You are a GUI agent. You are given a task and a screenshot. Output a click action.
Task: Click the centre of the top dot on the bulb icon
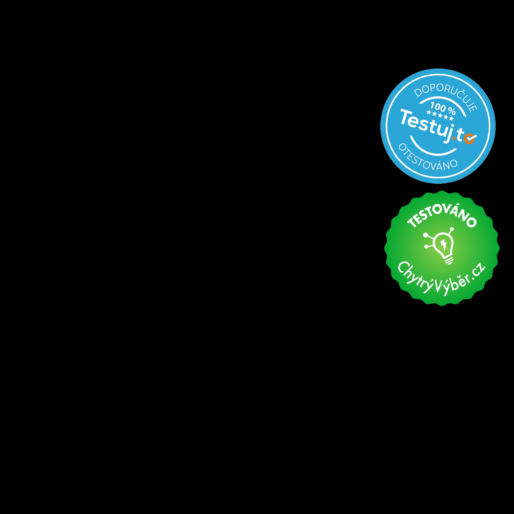452,229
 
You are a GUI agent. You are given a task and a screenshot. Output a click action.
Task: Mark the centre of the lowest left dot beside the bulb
426,246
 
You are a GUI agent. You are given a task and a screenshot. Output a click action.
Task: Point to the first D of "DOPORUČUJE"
418,93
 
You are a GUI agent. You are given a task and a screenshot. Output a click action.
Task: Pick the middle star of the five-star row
440,116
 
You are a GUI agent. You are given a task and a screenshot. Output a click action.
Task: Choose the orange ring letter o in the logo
468,139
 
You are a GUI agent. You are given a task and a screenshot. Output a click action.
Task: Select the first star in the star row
429,113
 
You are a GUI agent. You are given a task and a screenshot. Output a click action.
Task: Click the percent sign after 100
452,111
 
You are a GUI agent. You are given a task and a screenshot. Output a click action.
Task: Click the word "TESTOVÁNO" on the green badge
442,216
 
